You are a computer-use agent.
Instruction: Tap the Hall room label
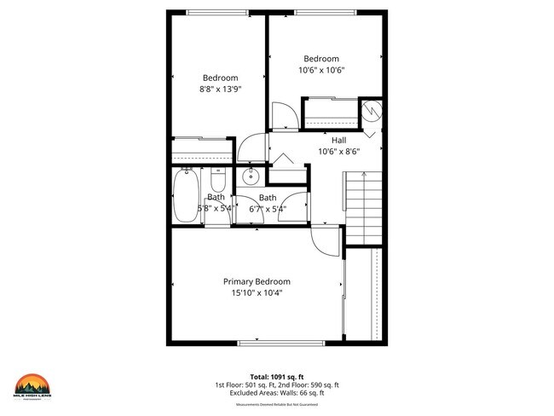click(338, 140)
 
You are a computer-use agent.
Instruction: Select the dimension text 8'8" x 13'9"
click(221, 89)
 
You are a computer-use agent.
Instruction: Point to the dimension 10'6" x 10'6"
click(321, 70)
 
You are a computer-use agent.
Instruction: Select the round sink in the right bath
click(251, 177)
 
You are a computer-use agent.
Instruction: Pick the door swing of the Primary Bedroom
click(325, 240)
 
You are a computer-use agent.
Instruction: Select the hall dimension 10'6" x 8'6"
click(338, 151)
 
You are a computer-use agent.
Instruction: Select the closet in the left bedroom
click(202, 150)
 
